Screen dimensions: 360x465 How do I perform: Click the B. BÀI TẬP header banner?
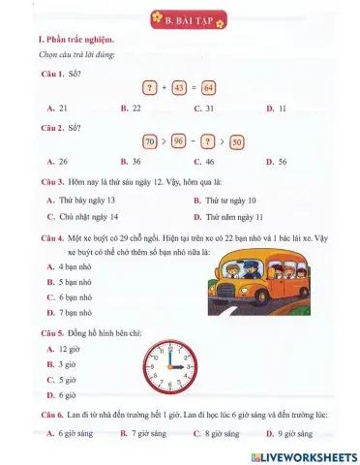pyautogui.click(x=181, y=18)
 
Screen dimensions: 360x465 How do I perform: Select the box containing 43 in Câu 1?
pyautogui.click(x=179, y=88)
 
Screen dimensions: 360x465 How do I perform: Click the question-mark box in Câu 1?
pyautogui.click(x=150, y=88)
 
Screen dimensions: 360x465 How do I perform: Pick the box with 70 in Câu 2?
pyautogui.click(x=150, y=140)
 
